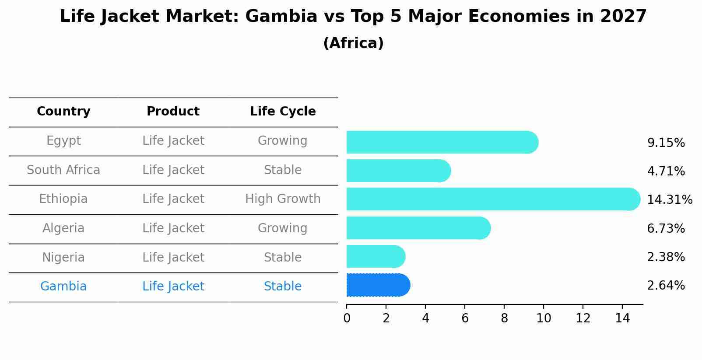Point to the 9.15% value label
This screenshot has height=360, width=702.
point(666,143)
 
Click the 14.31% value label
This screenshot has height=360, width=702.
point(669,200)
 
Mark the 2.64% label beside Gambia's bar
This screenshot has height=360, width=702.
point(666,286)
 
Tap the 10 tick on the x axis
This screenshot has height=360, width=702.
point(544,318)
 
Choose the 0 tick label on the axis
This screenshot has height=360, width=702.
point(347,318)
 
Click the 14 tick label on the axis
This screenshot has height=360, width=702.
point(622,318)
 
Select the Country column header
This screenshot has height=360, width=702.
point(63,112)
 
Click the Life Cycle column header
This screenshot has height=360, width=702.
point(283,112)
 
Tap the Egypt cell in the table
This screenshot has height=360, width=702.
point(63,141)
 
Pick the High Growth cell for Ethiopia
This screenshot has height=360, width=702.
point(283,199)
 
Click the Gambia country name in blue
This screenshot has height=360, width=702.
point(63,287)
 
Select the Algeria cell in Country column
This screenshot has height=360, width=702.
point(63,228)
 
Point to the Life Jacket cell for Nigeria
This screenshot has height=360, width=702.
point(173,257)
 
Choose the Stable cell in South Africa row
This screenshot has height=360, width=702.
point(283,170)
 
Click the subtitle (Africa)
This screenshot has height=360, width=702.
point(353,43)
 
